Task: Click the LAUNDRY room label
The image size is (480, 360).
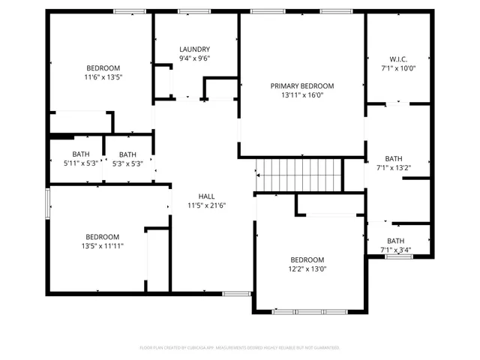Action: [x=194, y=49]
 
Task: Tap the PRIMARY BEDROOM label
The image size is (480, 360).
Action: [x=302, y=86]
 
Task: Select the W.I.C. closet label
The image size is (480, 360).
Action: [x=397, y=58]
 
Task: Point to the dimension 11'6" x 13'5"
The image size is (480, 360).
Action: [x=103, y=76]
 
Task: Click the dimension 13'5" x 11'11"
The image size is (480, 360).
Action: [x=102, y=245]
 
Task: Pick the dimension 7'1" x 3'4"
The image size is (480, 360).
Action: [x=396, y=250]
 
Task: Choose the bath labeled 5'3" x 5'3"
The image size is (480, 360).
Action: [x=127, y=163]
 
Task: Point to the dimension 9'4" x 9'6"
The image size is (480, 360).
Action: [x=194, y=58]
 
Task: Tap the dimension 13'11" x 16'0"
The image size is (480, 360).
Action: [x=302, y=96]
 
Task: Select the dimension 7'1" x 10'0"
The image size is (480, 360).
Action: [x=397, y=68]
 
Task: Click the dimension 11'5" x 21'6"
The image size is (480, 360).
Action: [x=206, y=205]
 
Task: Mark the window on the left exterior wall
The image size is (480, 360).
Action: [x=48, y=203]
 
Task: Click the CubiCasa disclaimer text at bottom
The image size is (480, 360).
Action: [x=240, y=348]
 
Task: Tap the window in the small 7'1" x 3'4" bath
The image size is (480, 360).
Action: [x=399, y=256]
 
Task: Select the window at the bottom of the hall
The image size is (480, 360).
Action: [x=237, y=293]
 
